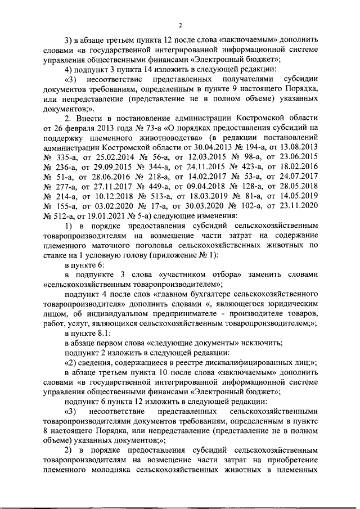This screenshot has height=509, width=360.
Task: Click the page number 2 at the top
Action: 179,25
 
